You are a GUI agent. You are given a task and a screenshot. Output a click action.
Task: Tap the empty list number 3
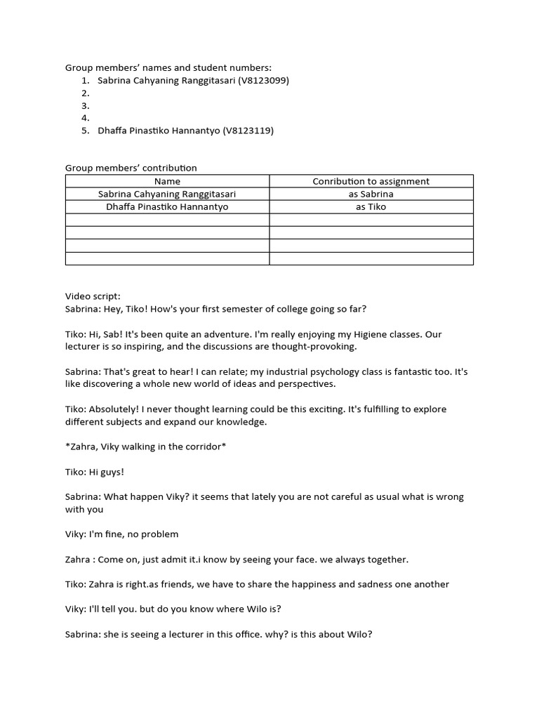coord(85,106)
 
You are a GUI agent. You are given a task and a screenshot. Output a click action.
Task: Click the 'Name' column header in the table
coord(167,181)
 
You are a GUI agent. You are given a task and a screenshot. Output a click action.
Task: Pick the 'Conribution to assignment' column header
coord(371,181)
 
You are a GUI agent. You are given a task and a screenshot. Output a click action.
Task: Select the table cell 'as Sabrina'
coord(371,194)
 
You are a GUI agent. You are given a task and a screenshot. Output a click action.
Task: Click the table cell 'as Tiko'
coord(371,206)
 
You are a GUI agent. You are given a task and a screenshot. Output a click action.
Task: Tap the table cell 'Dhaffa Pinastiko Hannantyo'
coord(167,206)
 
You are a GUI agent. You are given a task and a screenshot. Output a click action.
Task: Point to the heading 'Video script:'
coord(93,296)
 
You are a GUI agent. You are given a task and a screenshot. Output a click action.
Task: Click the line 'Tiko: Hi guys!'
coord(95,472)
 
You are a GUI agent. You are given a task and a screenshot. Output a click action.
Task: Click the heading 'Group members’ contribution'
coord(131,168)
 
